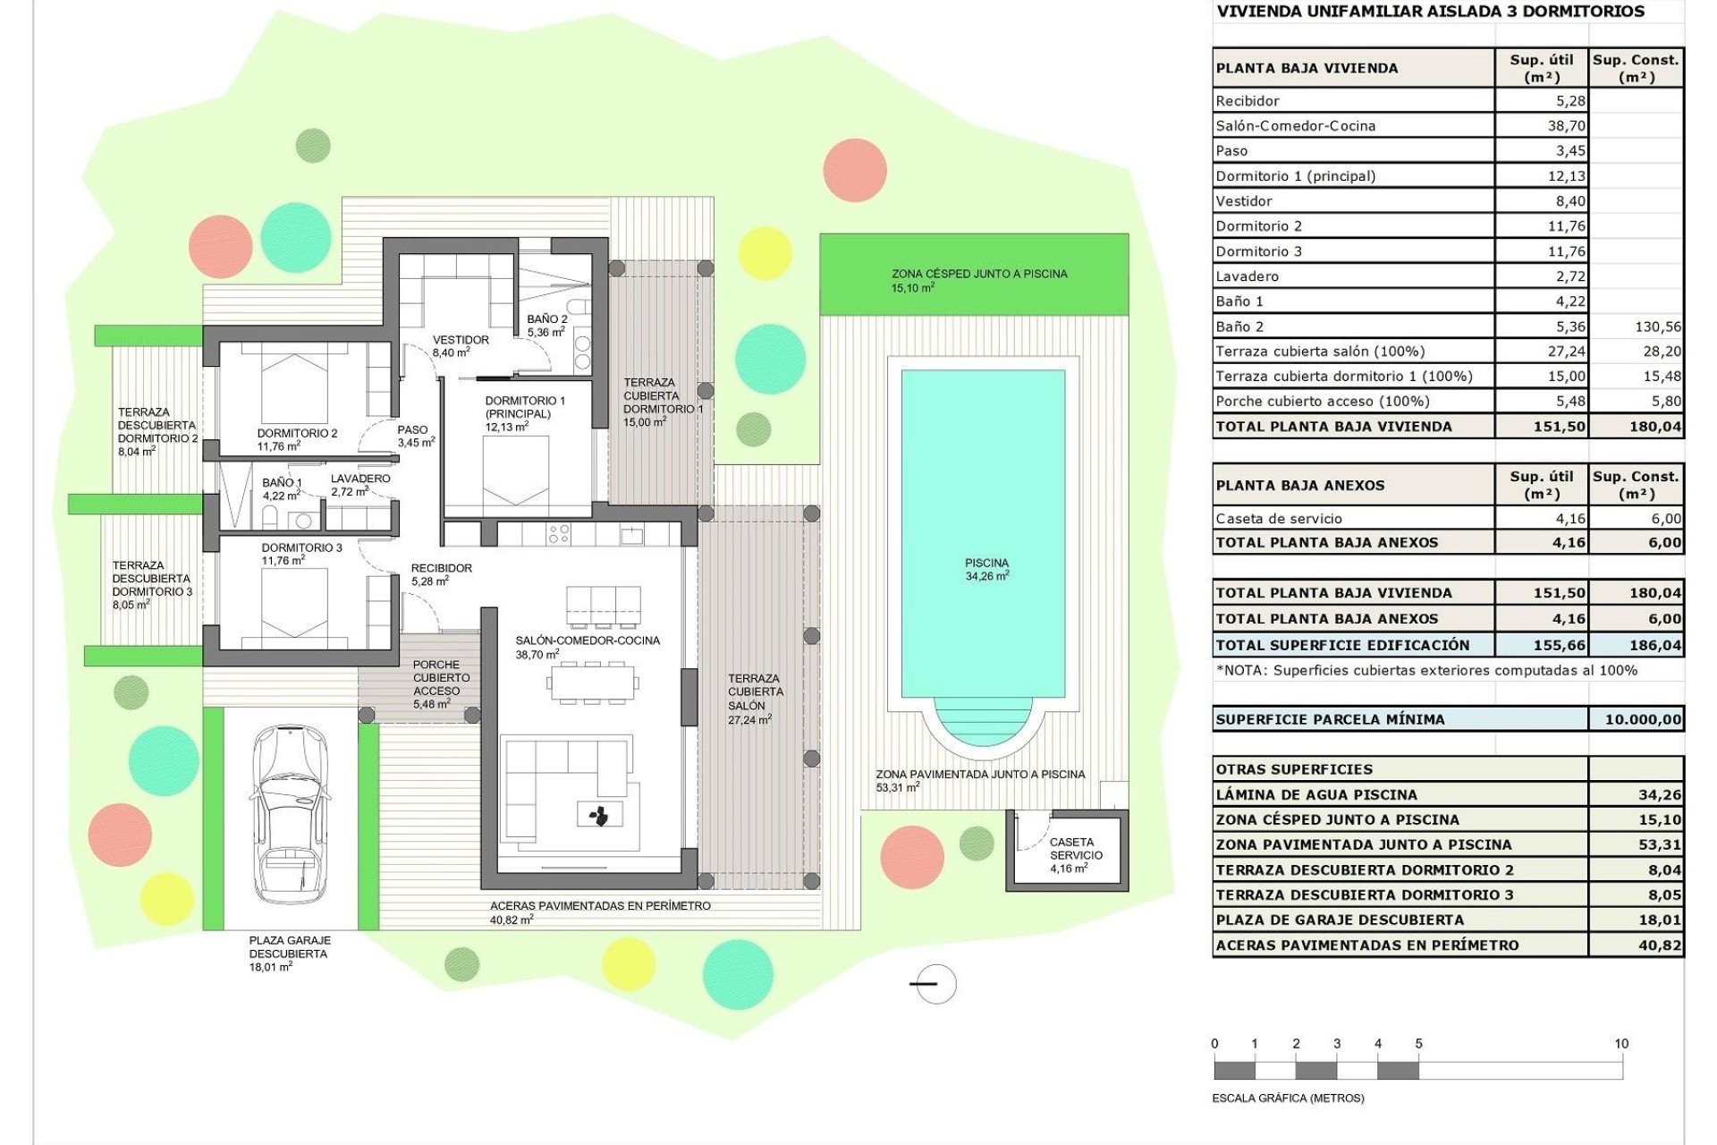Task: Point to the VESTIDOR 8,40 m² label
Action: tap(460, 345)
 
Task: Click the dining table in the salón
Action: tap(593, 683)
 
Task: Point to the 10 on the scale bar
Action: tap(1621, 1043)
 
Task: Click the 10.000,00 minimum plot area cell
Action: tap(1636, 719)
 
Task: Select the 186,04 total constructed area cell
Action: tap(1636, 645)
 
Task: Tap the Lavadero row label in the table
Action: tap(1247, 276)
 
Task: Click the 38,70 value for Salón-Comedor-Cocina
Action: tap(1566, 126)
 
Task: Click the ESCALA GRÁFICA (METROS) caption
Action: tap(1288, 1098)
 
